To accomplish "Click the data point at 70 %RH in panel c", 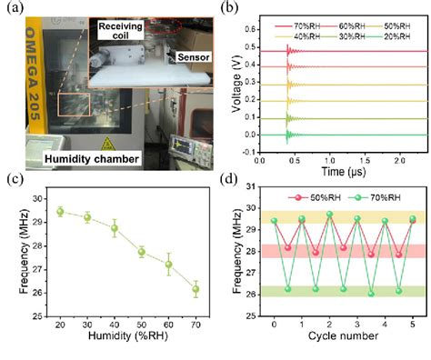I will (x=195, y=290).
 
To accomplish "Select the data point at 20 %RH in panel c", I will (x=60, y=211).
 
